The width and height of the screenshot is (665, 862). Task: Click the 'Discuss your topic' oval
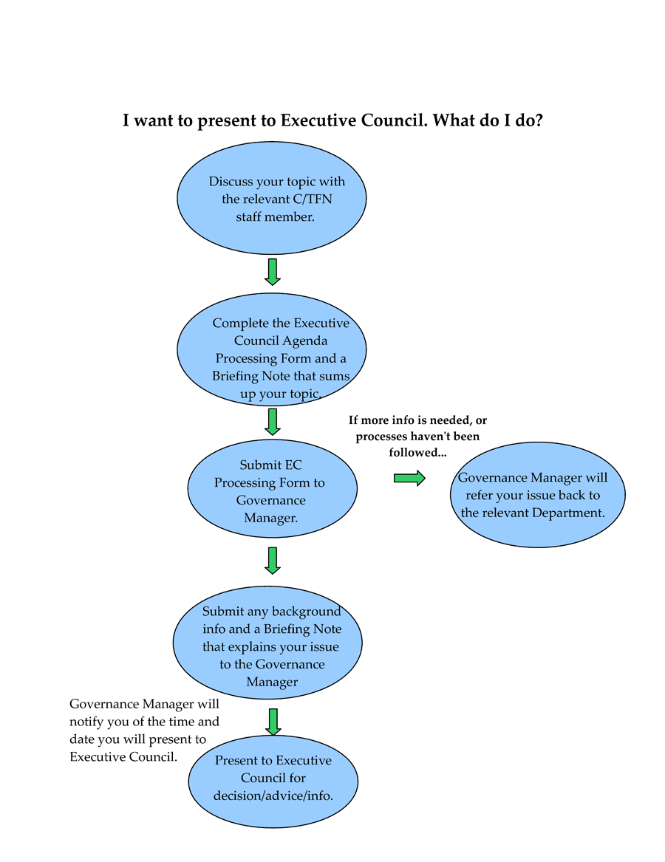pyautogui.click(x=272, y=198)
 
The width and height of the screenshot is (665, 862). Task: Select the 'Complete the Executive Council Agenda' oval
pyautogui.click(x=272, y=349)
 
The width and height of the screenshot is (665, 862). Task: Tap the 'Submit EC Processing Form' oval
pyautogui.click(x=272, y=489)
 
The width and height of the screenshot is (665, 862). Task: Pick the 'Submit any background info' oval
pyautogui.click(x=268, y=643)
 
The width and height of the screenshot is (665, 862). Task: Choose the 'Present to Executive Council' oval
pyautogui.click(x=273, y=781)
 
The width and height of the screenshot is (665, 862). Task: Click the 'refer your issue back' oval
pyautogui.click(x=537, y=495)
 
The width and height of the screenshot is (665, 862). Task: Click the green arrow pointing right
pyautogui.click(x=410, y=479)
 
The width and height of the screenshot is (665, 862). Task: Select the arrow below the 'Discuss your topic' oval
pyautogui.click(x=272, y=272)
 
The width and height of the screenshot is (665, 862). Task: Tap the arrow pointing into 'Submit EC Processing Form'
pyautogui.click(x=272, y=422)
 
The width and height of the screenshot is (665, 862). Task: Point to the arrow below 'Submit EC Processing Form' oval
pyautogui.click(x=272, y=561)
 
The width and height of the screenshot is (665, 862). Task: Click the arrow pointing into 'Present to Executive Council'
pyautogui.click(x=273, y=722)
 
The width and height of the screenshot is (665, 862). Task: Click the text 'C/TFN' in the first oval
pyautogui.click(x=313, y=199)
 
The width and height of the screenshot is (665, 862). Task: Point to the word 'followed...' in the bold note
pyautogui.click(x=417, y=453)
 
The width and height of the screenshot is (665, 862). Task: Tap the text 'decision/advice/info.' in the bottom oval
pyautogui.click(x=273, y=796)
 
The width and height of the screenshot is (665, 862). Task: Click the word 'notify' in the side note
pyautogui.click(x=86, y=722)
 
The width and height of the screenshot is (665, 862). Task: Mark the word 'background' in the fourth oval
pyautogui.click(x=307, y=612)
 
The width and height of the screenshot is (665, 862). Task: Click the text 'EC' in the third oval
pyautogui.click(x=293, y=465)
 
